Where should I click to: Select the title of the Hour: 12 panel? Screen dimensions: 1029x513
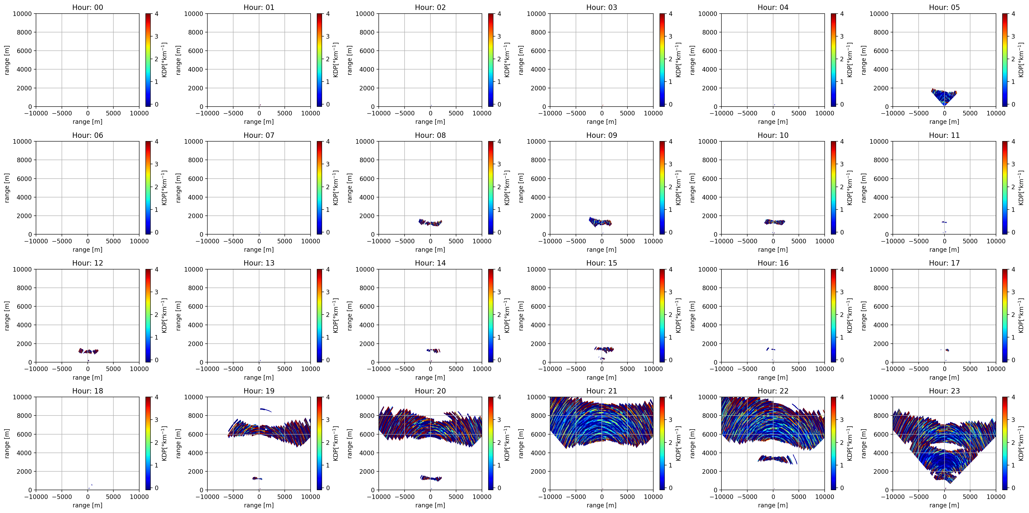tap(88, 263)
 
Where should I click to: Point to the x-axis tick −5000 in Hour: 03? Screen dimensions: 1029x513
tap(576, 113)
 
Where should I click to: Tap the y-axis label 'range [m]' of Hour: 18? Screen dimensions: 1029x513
tap(7, 443)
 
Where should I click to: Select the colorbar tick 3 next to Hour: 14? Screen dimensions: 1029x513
tap(499, 292)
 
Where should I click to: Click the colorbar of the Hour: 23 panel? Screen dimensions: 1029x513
tap(1005, 443)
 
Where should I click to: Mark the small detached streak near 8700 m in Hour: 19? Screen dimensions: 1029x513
tap(266, 410)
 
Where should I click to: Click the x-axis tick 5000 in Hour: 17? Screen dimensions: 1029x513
tap(970, 369)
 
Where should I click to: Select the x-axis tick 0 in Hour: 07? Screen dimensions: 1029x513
tap(259, 241)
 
